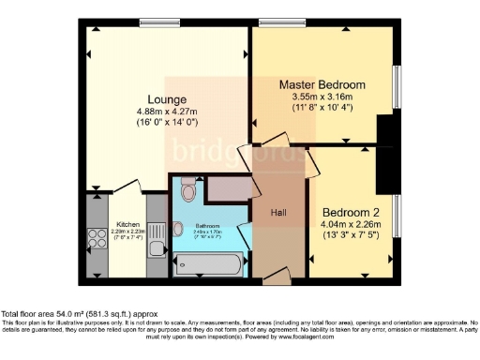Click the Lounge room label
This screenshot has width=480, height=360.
165,99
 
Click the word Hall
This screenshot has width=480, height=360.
279,213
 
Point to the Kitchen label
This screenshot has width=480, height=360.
127,225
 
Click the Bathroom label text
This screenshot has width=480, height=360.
206,226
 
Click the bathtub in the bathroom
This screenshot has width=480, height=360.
211,263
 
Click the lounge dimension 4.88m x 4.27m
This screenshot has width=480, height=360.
165,112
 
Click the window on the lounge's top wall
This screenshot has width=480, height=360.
154,22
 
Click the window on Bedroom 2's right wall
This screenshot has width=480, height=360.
397,217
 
